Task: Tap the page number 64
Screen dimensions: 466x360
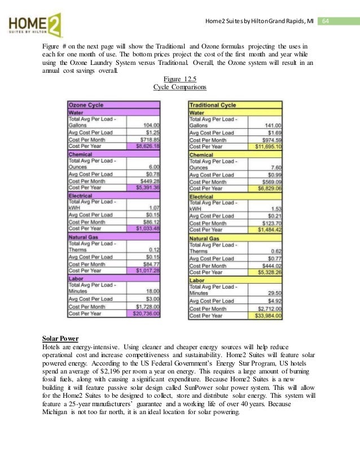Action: pyautogui.click(x=326, y=21)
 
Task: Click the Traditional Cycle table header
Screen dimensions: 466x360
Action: pyautogui.click(x=213, y=105)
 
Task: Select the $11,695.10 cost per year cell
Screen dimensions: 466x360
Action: pyautogui.click(x=267, y=147)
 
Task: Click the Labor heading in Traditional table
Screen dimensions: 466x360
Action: pyautogui.click(x=197, y=280)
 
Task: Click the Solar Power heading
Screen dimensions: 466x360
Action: pyautogui.click(x=60, y=338)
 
